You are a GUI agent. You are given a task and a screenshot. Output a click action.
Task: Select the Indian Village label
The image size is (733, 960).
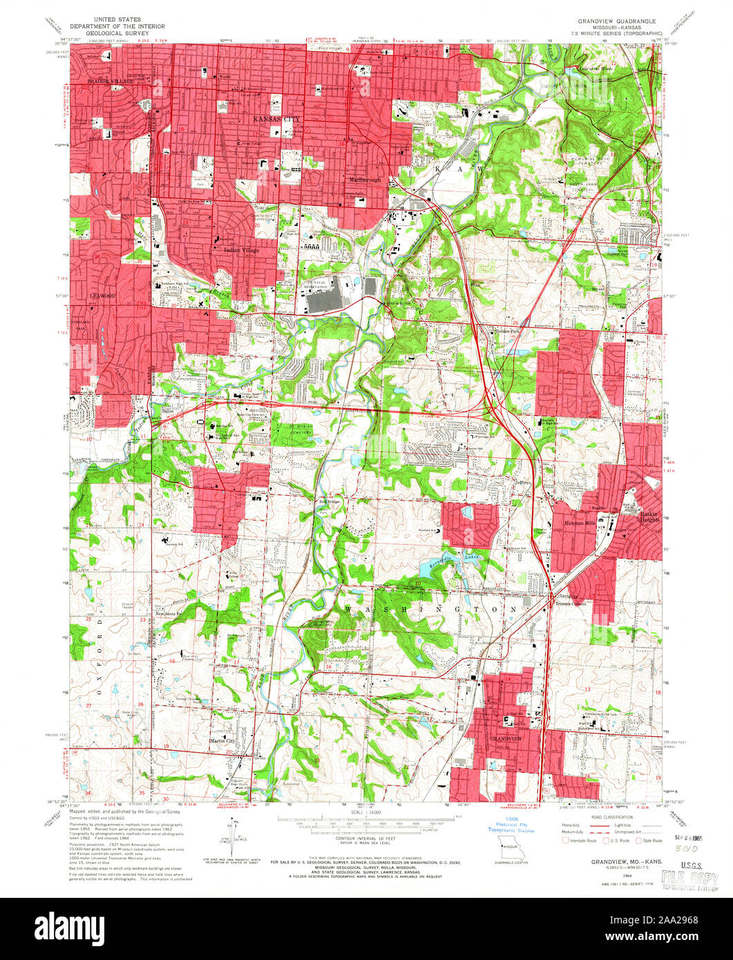[242, 250]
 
